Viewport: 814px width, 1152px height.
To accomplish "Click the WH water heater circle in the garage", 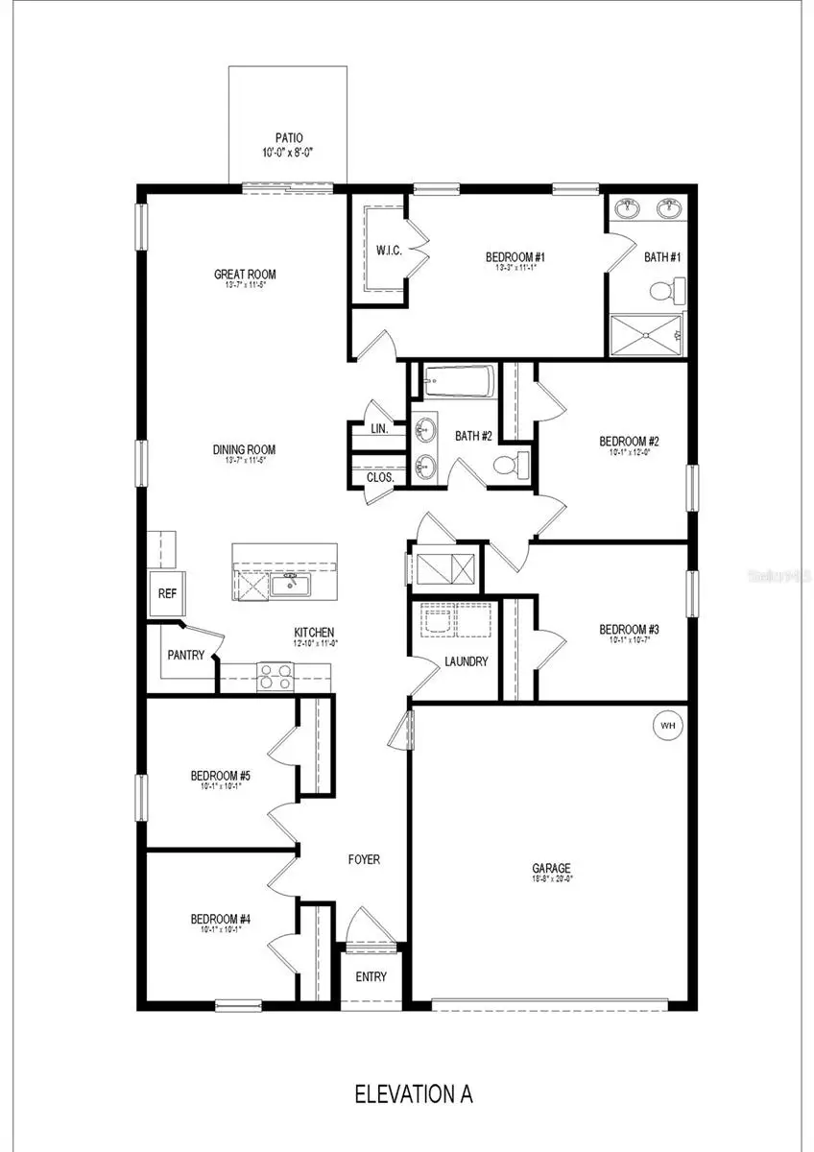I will [668, 726].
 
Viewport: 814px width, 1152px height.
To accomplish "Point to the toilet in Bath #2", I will [508, 466].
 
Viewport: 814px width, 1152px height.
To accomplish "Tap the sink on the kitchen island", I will [287, 585].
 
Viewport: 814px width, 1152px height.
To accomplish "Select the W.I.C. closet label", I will [389, 252].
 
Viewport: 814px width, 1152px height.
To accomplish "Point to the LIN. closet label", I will [379, 429].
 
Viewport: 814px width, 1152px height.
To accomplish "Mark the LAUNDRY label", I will [466, 661].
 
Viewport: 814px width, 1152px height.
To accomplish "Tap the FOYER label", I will [364, 860].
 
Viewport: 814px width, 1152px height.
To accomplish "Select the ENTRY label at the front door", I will [371, 977].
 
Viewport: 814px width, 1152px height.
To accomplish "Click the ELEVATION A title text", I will [414, 1093].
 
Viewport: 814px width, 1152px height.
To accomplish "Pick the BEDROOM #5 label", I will [220, 776].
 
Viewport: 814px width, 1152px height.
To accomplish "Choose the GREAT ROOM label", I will [245, 275].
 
